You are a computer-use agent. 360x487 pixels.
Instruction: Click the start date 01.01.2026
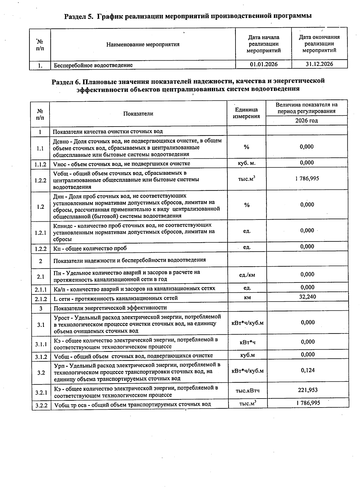pos(263,64)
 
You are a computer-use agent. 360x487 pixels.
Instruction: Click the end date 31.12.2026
pos(319,64)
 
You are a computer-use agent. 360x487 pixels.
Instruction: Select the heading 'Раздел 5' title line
pos(188,16)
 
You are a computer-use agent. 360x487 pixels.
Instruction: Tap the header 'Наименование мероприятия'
pos(143,45)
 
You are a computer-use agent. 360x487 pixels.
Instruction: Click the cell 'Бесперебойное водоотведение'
pos(93,65)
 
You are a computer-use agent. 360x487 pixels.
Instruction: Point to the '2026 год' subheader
pos(306,121)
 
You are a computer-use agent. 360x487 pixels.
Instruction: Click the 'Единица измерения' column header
pos(246,113)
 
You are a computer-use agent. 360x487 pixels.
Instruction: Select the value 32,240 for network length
pos(307,297)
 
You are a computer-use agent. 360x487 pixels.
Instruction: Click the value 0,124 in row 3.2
pos(308,370)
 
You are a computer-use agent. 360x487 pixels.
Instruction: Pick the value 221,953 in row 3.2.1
pos(308,390)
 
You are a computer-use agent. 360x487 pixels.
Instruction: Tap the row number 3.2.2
pos(41,406)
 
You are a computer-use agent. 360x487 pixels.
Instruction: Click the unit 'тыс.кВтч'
pos(247,390)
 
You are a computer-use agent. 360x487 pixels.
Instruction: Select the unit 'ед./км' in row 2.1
pos(247,275)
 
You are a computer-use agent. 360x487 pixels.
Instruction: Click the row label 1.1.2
pos(40,164)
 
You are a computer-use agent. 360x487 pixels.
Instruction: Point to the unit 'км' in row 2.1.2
pos(247,297)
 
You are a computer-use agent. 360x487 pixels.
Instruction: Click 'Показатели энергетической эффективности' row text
pos(110,308)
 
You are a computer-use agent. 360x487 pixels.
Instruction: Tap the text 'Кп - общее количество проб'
pos(90,248)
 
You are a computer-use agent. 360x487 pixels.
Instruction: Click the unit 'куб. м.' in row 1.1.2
pos(247,163)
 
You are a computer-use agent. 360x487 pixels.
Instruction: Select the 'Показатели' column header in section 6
pos(138,114)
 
